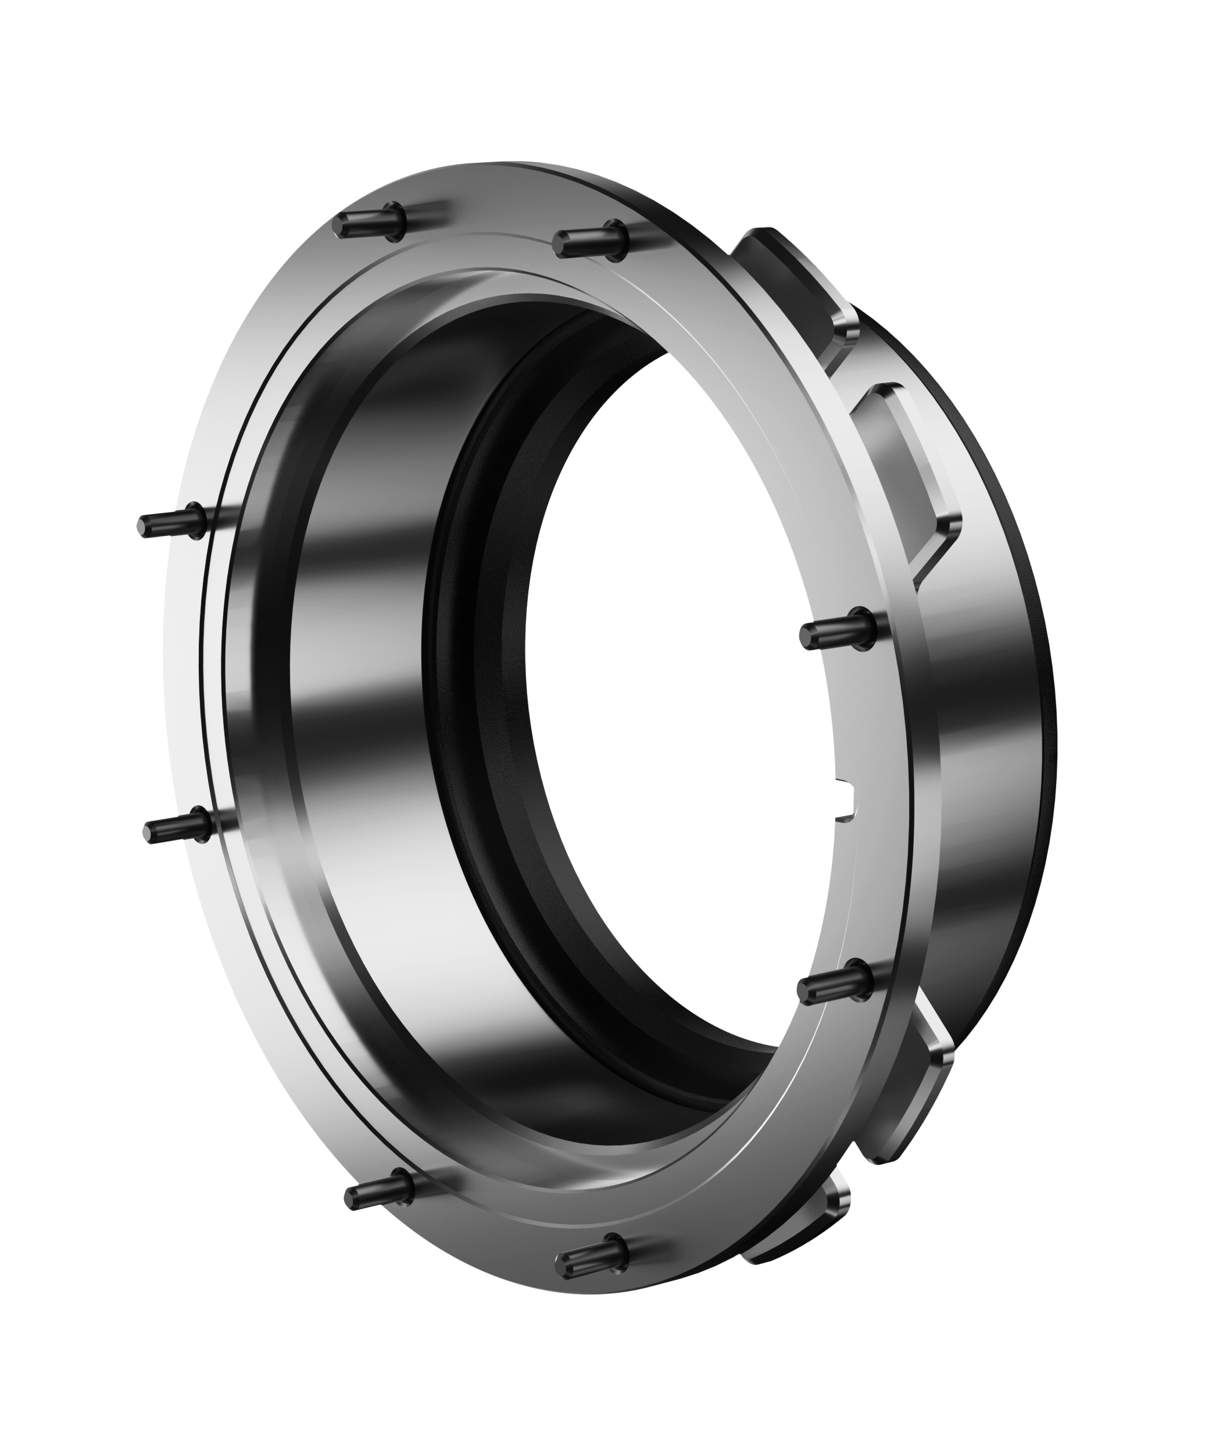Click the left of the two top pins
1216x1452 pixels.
pyautogui.click(x=370, y=223)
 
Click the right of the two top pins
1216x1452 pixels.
pyautogui.click(x=589, y=240)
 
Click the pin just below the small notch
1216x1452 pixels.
pyautogui.click(x=834, y=985)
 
